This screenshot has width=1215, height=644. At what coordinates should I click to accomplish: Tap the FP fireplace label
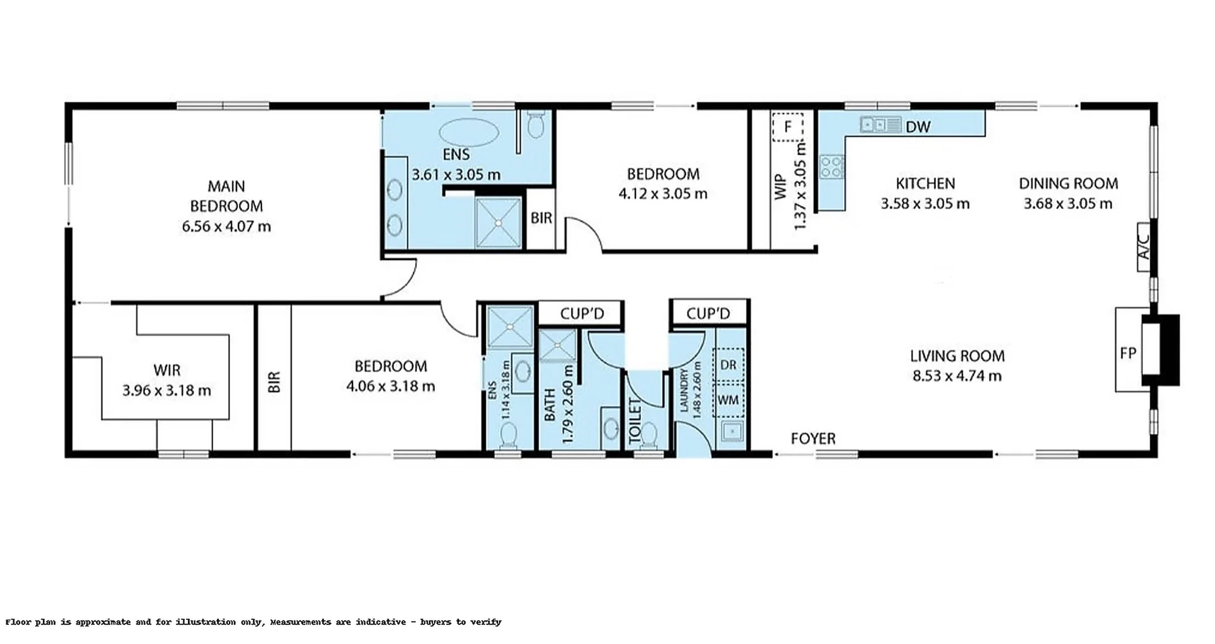[x=1128, y=353]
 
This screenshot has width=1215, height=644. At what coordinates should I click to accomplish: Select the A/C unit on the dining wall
[x=1144, y=247]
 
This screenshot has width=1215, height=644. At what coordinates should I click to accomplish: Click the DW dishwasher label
[x=918, y=127]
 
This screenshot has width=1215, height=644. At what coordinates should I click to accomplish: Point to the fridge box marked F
[x=787, y=127]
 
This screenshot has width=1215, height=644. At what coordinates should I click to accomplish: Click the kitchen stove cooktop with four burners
[x=832, y=167]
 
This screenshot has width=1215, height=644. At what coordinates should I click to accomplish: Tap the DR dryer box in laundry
[x=728, y=365]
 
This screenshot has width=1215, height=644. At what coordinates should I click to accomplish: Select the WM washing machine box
[x=728, y=400]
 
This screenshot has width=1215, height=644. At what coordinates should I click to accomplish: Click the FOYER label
[x=813, y=438]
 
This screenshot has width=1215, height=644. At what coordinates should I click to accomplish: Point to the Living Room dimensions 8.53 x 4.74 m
[x=957, y=376]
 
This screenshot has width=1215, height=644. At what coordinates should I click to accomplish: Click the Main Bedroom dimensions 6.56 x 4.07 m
[x=227, y=226]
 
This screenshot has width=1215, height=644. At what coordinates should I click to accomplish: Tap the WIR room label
[x=166, y=370]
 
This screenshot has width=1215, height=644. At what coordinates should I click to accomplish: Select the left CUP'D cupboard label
[x=582, y=314]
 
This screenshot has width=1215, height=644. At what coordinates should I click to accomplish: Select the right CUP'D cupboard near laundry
[x=708, y=314]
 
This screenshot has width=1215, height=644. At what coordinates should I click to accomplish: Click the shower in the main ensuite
[x=499, y=223]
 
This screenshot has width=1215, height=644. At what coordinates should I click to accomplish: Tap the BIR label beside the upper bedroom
[x=541, y=218]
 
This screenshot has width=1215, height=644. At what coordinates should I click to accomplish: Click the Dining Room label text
[x=1068, y=183]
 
